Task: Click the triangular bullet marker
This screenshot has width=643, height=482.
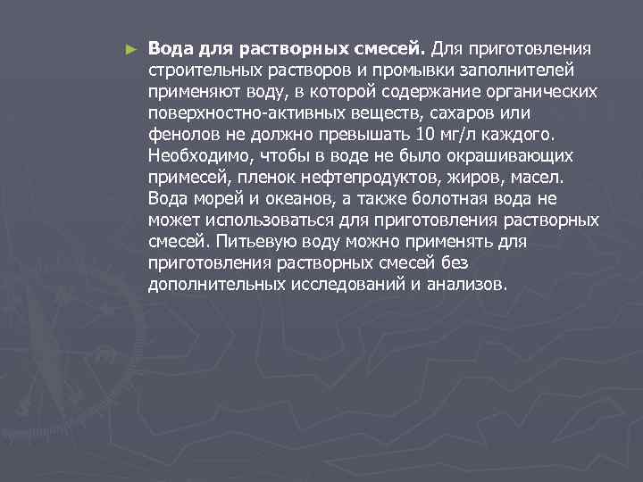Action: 132,47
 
